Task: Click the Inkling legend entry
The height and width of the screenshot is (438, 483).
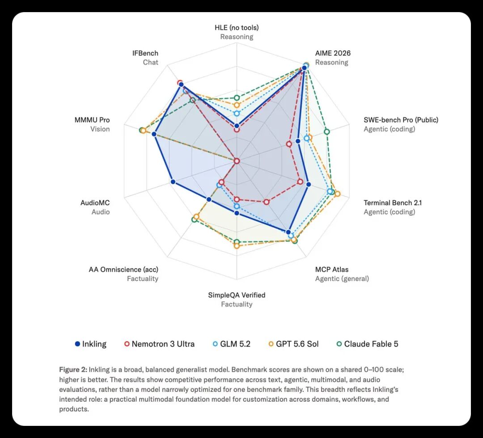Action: click(91, 344)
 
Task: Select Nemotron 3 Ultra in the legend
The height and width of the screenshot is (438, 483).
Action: click(160, 344)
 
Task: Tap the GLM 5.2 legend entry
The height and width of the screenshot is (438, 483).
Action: click(232, 344)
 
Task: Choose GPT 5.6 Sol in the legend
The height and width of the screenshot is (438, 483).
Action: click(293, 344)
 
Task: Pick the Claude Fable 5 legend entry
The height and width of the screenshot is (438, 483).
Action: click(367, 344)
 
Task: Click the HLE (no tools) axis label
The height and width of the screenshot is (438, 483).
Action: click(237, 28)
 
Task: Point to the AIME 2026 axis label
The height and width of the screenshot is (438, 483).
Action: click(333, 53)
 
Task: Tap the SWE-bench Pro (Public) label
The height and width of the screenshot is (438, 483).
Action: click(401, 120)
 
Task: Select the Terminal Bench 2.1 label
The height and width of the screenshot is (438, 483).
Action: click(393, 203)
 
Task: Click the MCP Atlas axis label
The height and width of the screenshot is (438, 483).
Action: click(332, 270)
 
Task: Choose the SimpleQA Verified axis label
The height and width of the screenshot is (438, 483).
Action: click(237, 295)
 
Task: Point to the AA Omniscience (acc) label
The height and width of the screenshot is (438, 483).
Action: click(123, 270)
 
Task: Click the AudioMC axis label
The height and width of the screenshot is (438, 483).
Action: click(95, 203)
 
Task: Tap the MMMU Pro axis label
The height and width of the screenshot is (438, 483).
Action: click(92, 120)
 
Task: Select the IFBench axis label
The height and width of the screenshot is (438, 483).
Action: click(145, 53)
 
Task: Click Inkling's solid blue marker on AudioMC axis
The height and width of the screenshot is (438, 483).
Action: click(173, 182)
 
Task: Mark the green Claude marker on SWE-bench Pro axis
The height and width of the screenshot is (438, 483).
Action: click(327, 132)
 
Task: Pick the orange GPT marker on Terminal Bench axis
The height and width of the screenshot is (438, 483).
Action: click(337, 194)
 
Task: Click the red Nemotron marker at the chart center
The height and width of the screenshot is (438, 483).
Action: click(237, 161)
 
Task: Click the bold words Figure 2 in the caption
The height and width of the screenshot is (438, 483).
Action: click(73, 369)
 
